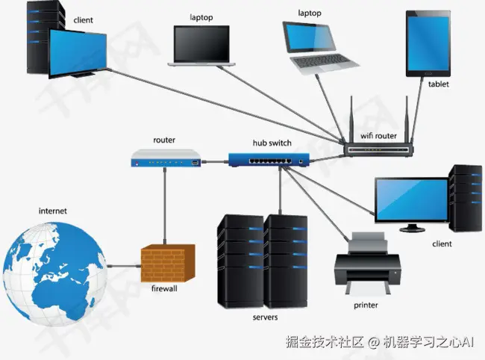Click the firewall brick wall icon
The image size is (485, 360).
point(168,263)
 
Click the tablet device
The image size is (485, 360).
point(428,43)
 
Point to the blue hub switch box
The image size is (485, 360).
point(269,158)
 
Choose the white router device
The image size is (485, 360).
point(166,158)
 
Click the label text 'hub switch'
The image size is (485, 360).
point(272,143)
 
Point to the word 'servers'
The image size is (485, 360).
point(265,317)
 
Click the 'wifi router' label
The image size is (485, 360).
point(378,136)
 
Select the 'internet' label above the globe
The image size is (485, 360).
point(52,211)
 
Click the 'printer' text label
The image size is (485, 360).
point(366,305)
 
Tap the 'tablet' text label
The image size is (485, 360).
point(439,84)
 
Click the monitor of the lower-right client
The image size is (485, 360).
point(410,200)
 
